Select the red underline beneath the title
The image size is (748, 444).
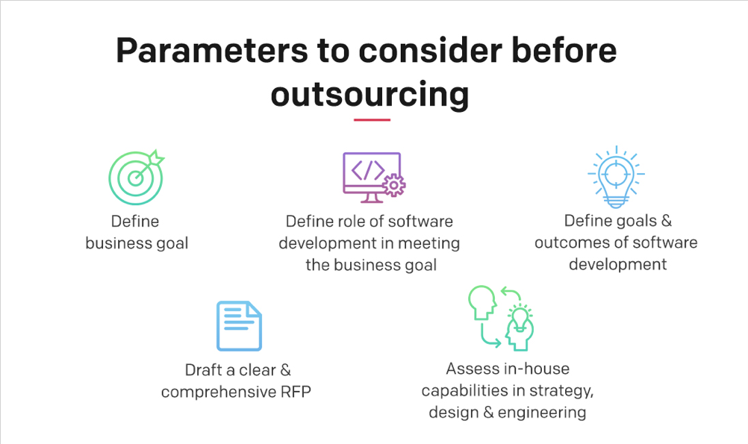(x=372, y=119)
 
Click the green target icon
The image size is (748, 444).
(x=135, y=178)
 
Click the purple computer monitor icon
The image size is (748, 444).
(x=371, y=174)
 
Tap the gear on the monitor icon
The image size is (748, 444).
(x=393, y=184)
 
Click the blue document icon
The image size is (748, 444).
(x=239, y=326)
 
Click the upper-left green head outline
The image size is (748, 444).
(x=481, y=302)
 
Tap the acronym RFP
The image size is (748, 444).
(x=296, y=391)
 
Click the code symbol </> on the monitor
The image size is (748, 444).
(x=367, y=170)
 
